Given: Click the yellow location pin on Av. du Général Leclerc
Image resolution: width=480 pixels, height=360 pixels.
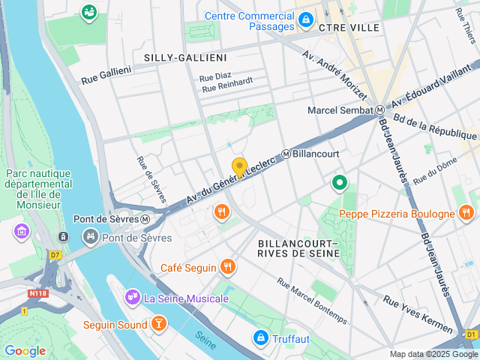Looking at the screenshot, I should [x=239, y=167].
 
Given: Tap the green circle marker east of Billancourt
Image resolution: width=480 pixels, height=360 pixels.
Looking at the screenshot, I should [x=340, y=182].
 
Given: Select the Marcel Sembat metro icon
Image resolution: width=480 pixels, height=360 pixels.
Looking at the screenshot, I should [x=380, y=110].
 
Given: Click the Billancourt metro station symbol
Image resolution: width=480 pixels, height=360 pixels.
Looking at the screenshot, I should [x=286, y=154].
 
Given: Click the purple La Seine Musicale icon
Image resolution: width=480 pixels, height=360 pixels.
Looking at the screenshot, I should [x=132, y=298].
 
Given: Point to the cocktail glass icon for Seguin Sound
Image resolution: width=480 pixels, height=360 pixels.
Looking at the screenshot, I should [x=158, y=323].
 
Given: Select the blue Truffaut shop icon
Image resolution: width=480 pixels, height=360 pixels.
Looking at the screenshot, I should [x=260, y=339].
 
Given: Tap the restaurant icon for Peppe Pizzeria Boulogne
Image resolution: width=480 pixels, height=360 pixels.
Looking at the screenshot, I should [x=467, y=214].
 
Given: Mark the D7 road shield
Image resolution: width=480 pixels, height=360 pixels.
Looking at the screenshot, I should [x=55, y=255].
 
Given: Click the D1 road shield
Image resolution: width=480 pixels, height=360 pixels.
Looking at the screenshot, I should [x=470, y=334].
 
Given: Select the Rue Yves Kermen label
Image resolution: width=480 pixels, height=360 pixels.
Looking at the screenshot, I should [x=418, y=313].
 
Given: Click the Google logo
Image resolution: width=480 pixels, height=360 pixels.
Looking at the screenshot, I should [x=25, y=351].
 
